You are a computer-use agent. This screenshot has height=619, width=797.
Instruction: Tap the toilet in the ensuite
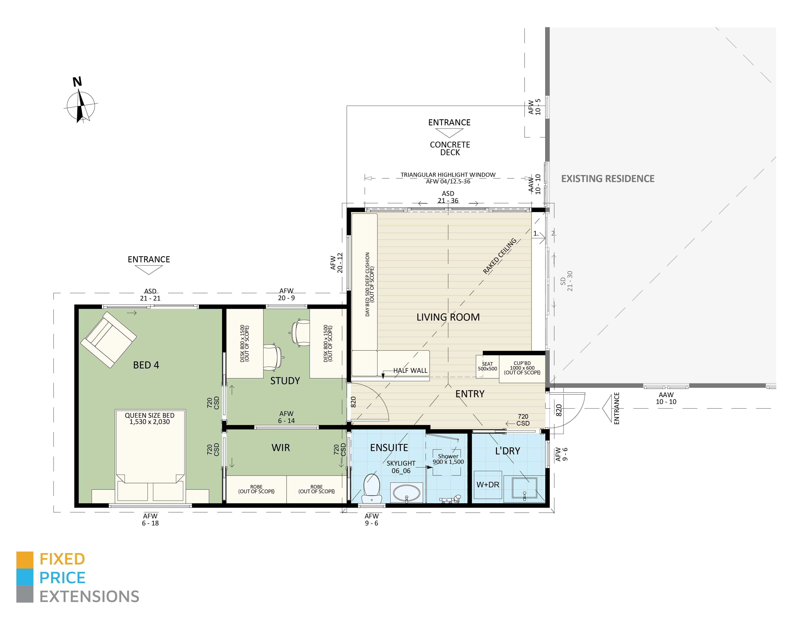pos(372,488)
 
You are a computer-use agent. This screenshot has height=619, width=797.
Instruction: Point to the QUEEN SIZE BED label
pos(150,418)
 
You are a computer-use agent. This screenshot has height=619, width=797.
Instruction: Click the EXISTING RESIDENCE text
pos(608,179)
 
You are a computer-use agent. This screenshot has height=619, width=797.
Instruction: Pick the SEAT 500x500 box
pos(487,366)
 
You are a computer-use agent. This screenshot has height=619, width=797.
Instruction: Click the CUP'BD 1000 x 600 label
pos(522,368)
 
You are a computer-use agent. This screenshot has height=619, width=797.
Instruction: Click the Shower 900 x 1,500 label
pos(448,459)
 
